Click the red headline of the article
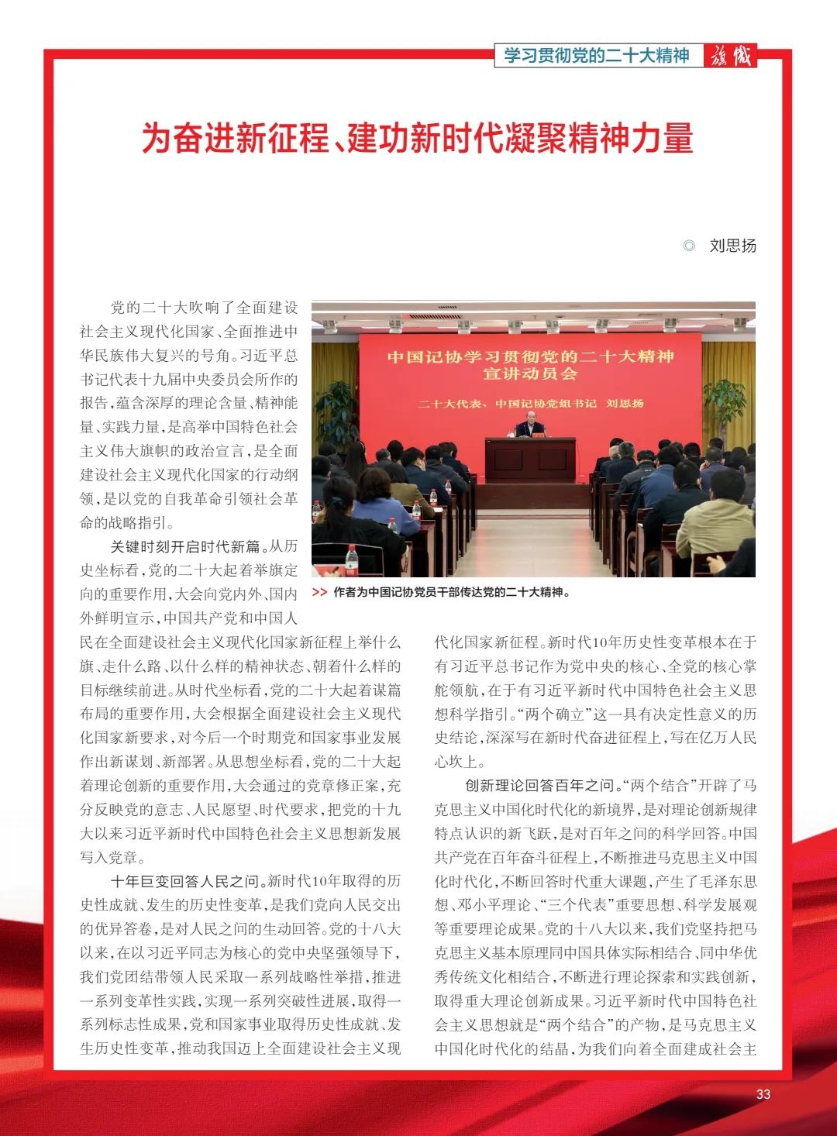tap(417, 138)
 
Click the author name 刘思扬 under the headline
tap(732, 246)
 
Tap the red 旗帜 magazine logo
tap(730, 56)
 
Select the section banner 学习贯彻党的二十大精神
tap(596, 56)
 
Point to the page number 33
tap(763, 1094)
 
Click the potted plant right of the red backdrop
tap(725, 403)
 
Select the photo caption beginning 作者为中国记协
tap(451, 593)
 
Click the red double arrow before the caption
tap(319, 593)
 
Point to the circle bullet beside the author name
tap(689, 246)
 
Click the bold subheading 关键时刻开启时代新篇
tap(185, 547)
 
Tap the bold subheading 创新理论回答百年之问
tap(539, 786)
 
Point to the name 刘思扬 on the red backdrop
tap(625, 404)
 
